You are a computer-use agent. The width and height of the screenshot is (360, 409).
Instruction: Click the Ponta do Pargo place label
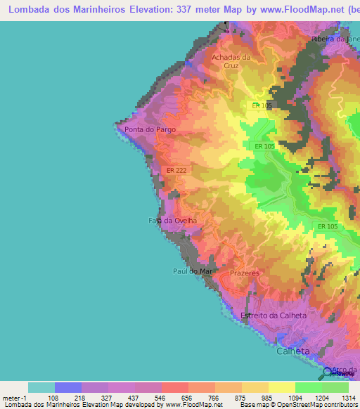coord(150,130)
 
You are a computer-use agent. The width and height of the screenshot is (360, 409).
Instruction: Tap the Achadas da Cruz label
coord(231,61)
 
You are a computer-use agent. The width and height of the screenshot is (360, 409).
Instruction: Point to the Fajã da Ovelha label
coord(172,221)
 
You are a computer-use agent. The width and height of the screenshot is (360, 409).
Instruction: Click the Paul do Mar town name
coord(193,271)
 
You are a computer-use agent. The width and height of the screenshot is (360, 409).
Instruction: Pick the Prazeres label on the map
coord(245,273)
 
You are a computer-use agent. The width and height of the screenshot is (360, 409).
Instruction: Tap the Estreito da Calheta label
coord(274,316)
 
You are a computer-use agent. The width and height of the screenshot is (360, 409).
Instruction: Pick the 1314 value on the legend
coord(348,397)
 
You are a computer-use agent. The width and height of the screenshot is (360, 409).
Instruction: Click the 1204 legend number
coord(321,397)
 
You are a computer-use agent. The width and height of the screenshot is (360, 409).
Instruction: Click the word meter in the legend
coord(12,397)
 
